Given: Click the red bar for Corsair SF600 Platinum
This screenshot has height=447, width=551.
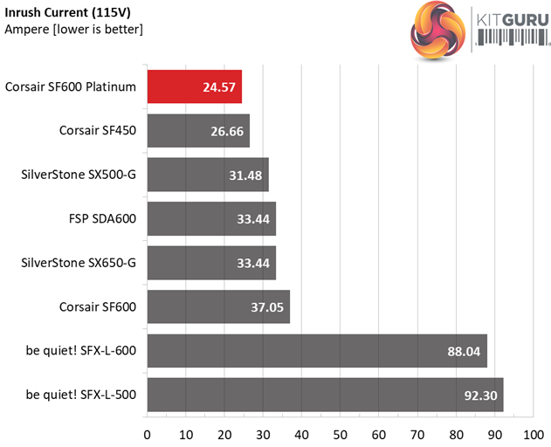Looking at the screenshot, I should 194,86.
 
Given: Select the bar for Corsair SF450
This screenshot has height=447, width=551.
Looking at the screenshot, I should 198,130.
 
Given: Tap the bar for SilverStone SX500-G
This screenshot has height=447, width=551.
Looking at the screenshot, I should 207,174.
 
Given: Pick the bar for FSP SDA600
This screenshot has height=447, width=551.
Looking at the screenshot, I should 211,218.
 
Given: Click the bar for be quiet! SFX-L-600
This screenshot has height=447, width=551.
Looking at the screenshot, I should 316,350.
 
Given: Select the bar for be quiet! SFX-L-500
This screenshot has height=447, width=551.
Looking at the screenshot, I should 325,395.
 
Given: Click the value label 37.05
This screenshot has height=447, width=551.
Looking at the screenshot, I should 266,306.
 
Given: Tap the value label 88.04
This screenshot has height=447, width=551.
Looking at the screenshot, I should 464,351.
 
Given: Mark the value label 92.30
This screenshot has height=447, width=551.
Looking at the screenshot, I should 479,395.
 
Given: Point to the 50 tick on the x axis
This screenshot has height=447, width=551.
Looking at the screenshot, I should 340,433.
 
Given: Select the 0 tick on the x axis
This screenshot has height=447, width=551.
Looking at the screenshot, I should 147,433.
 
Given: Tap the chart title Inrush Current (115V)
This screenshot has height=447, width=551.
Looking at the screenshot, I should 58,11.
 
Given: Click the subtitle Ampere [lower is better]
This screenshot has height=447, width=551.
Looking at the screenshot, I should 73,29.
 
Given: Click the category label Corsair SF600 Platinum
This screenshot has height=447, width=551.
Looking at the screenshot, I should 71,86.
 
